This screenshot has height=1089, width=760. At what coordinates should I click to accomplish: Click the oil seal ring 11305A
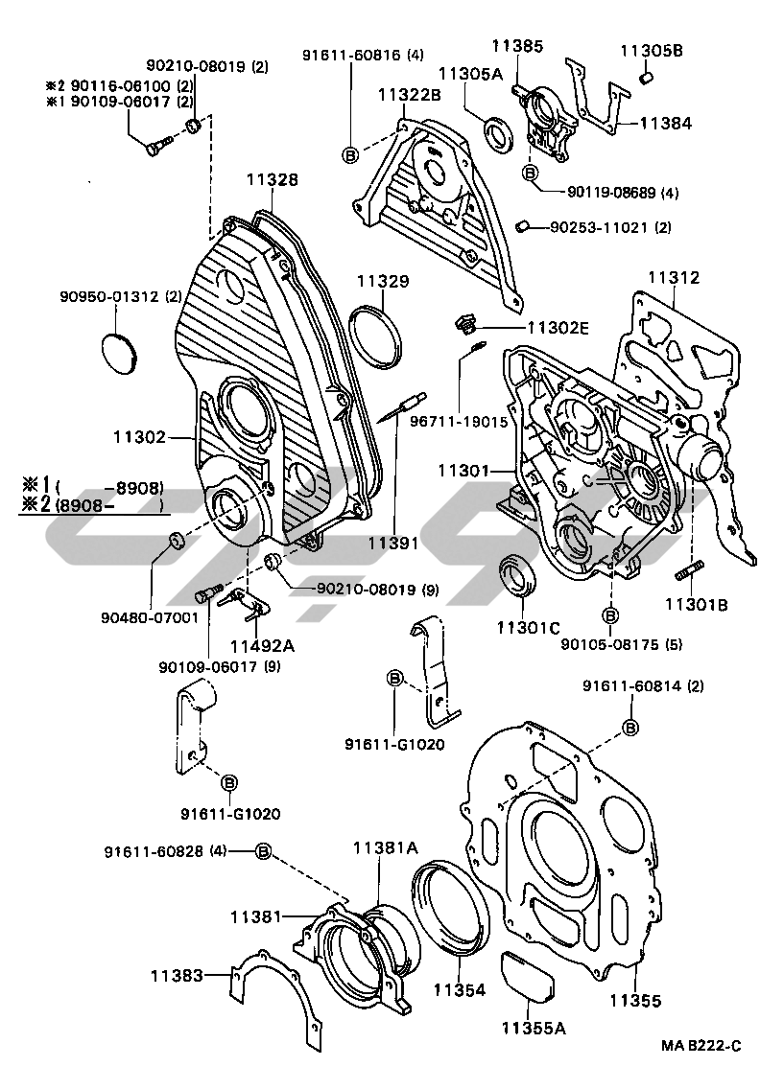tap(498, 133)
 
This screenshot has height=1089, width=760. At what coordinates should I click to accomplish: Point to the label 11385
tap(517, 45)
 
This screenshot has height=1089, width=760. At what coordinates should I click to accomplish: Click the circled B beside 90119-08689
tap(529, 173)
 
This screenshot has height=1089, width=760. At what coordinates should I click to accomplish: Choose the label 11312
tap(674, 278)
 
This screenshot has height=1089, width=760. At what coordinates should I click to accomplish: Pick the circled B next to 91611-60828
tap(264, 851)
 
